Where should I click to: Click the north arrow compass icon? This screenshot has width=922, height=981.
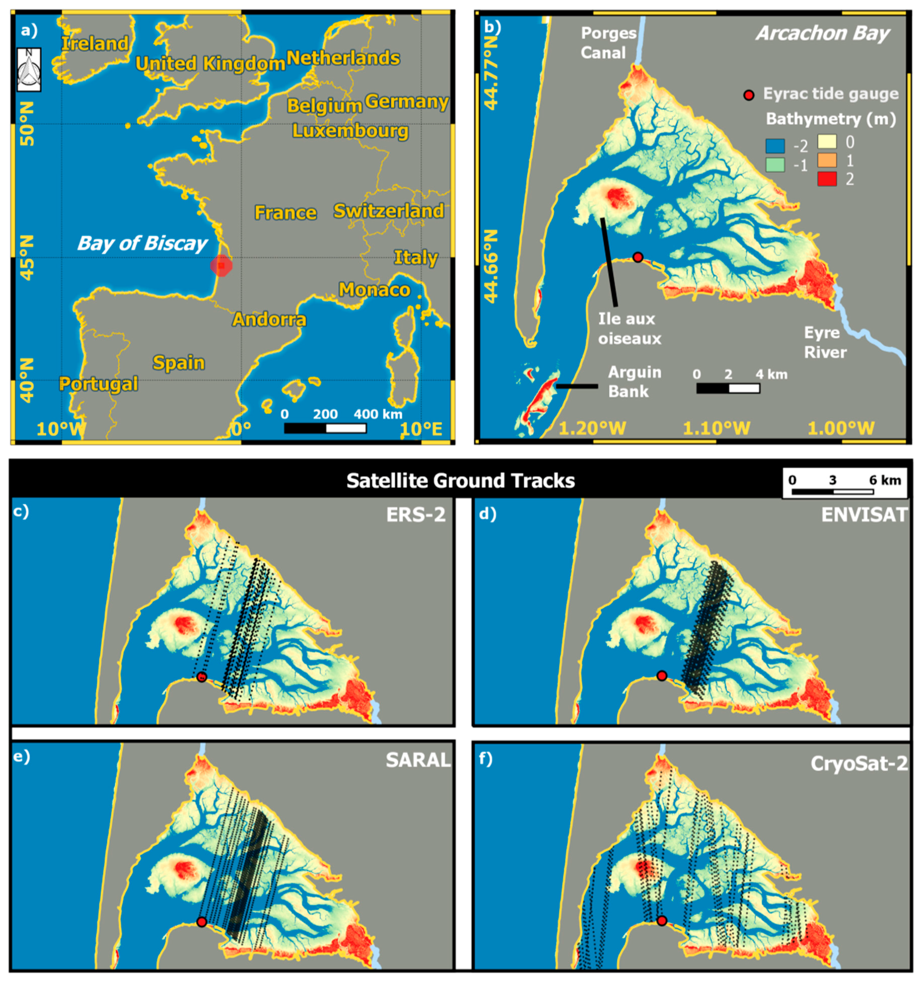[29, 69]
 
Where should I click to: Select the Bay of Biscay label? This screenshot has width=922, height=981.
[142, 244]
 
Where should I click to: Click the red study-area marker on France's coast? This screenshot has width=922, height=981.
[221, 265]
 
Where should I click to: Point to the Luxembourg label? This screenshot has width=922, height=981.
[350, 131]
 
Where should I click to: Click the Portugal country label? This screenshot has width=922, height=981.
[98, 383]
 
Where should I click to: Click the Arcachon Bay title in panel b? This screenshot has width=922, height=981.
[822, 33]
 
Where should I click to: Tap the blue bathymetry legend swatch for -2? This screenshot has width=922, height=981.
[775, 146]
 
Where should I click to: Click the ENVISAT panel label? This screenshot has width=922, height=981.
[864, 515]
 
